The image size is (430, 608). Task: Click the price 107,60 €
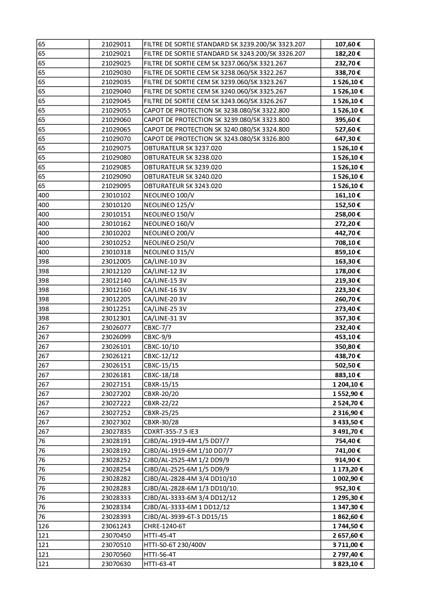click(x=348, y=44)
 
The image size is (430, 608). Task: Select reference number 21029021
click(x=116, y=54)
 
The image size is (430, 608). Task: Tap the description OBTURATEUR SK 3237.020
click(x=183, y=148)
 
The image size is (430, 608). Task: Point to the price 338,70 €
click(x=348, y=73)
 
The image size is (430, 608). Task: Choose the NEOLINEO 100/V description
click(x=169, y=195)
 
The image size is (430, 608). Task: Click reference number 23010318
click(x=116, y=252)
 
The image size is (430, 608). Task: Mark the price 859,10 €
click(x=348, y=252)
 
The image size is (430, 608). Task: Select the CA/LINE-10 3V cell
click(x=165, y=262)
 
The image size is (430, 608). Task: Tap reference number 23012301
click(x=116, y=318)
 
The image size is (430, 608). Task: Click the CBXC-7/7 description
click(x=157, y=328)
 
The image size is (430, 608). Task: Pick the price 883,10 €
click(x=348, y=375)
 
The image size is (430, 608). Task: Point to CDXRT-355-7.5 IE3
click(x=171, y=432)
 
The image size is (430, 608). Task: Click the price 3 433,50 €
click(x=348, y=422)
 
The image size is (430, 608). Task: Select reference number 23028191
click(x=116, y=441)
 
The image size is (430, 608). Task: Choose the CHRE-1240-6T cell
click(x=165, y=526)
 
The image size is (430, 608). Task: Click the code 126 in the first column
click(x=43, y=526)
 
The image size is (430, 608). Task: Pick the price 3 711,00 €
click(x=348, y=545)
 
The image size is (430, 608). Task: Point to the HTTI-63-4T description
click(x=160, y=564)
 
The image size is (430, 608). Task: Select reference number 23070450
click(x=116, y=536)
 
